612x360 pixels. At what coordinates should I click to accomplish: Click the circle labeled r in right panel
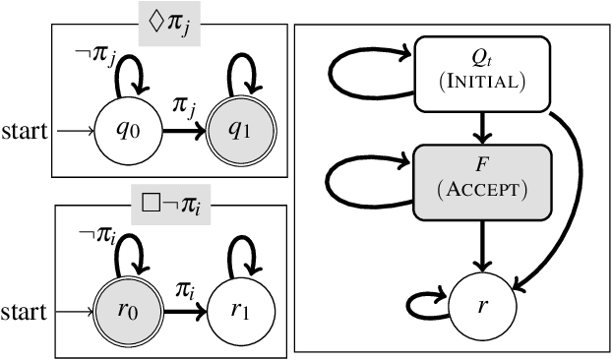pos(482,307)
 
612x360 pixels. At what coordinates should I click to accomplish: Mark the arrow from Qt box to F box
pos(482,126)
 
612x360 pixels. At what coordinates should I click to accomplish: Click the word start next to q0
pos(23,132)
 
